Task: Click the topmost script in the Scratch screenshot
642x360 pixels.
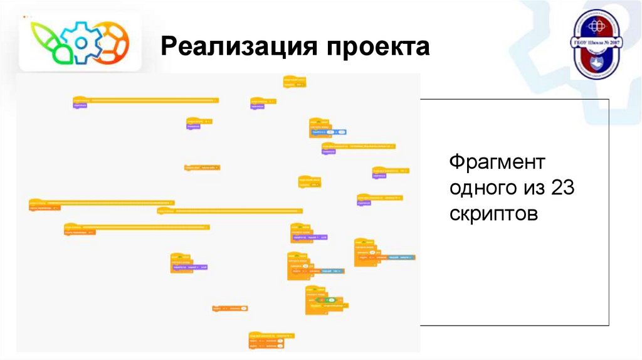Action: pyautogui.click(x=294, y=82)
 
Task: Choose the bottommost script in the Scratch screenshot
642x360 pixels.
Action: pyautogui.click(x=271, y=340)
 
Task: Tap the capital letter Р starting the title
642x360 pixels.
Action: pyautogui.click(x=167, y=48)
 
